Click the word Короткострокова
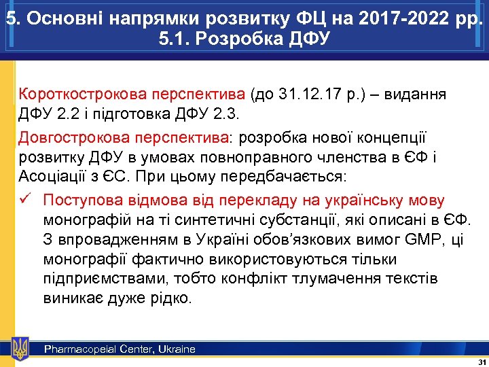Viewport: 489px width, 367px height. (74, 93)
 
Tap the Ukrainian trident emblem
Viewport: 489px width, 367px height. (20, 348)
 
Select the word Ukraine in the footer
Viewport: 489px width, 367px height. (176, 349)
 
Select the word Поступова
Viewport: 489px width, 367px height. (85, 200)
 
